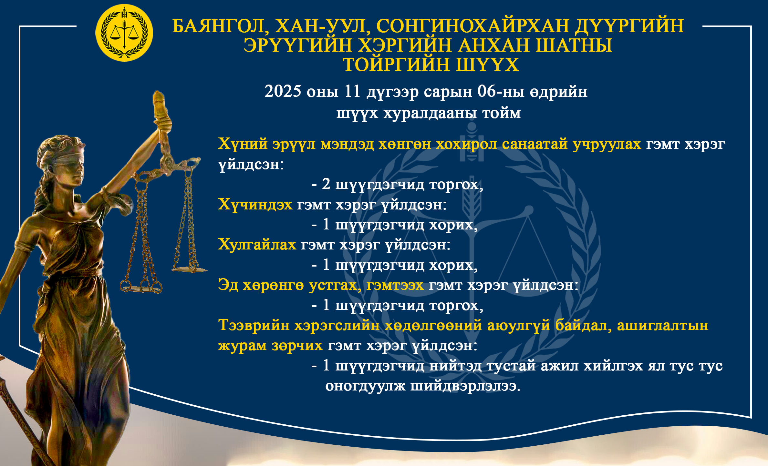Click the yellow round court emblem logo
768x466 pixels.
click(124, 33)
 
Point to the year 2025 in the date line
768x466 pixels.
click(283, 91)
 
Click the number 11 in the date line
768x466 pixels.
click(353, 91)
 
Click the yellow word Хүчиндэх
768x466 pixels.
click(255, 205)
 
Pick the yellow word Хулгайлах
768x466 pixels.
click(257, 245)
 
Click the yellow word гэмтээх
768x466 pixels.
click(395, 285)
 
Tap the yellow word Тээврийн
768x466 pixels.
click(254, 325)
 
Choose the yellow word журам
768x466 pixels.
click(243, 346)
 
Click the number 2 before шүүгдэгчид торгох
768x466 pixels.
click(326, 184)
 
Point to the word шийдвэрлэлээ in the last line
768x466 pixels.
click(465, 386)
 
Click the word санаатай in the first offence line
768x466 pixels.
click(534, 144)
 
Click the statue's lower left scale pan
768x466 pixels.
click(141, 288)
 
